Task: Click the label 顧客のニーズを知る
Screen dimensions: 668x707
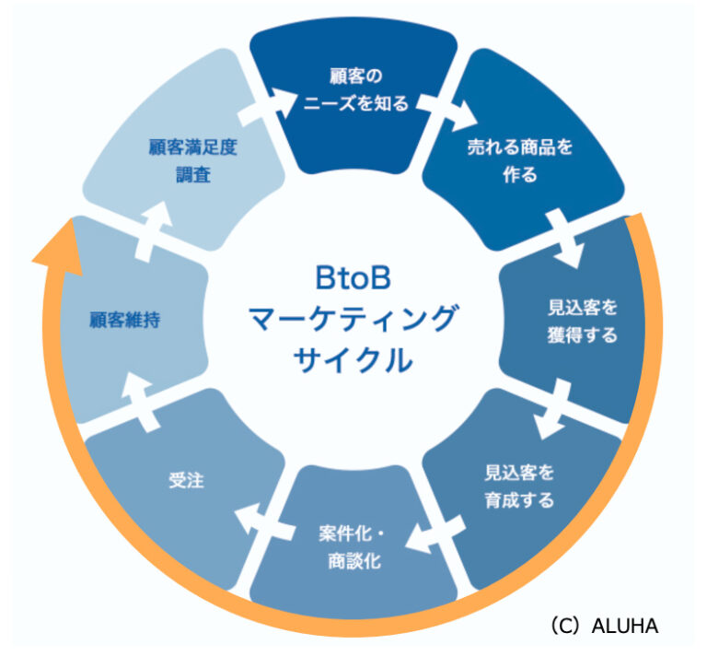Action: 353,89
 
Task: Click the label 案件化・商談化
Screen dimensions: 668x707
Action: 353,546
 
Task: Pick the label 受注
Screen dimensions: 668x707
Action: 184,480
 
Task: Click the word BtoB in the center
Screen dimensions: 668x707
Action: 353,275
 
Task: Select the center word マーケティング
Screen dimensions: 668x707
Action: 353,319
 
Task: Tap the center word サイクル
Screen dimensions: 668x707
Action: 353,360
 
